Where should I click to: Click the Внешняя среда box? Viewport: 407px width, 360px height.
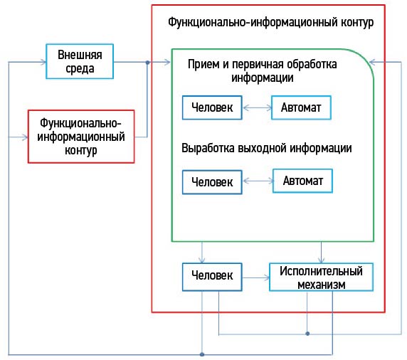click(x=80, y=61)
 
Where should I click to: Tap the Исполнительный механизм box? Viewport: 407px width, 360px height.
click(x=321, y=277)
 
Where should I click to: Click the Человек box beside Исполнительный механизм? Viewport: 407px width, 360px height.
click(x=212, y=277)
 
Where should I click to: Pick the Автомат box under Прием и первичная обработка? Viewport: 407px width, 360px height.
click(x=301, y=107)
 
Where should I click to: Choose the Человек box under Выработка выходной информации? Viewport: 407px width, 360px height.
click(x=212, y=182)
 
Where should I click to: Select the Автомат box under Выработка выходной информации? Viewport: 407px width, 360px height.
click(x=302, y=181)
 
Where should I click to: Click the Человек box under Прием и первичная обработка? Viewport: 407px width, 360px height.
click(x=212, y=107)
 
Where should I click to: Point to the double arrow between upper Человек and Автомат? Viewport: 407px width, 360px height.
click(x=257, y=107)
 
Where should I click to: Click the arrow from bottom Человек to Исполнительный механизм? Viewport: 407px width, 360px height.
click(x=256, y=277)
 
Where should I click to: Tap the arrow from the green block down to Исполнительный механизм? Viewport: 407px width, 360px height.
click(x=322, y=253)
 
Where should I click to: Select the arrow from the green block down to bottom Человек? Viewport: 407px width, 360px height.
click(x=202, y=253)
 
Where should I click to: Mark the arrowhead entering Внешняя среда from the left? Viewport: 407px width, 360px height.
click(x=43, y=62)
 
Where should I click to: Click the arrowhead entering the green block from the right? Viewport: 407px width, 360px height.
click(x=372, y=62)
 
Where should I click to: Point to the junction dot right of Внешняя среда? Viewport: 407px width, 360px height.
click(x=147, y=63)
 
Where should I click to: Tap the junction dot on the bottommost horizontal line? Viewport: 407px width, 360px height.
click(x=202, y=354)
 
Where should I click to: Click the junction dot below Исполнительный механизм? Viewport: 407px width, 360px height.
click(x=307, y=334)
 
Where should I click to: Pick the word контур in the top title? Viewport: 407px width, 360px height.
click(x=357, y=23)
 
